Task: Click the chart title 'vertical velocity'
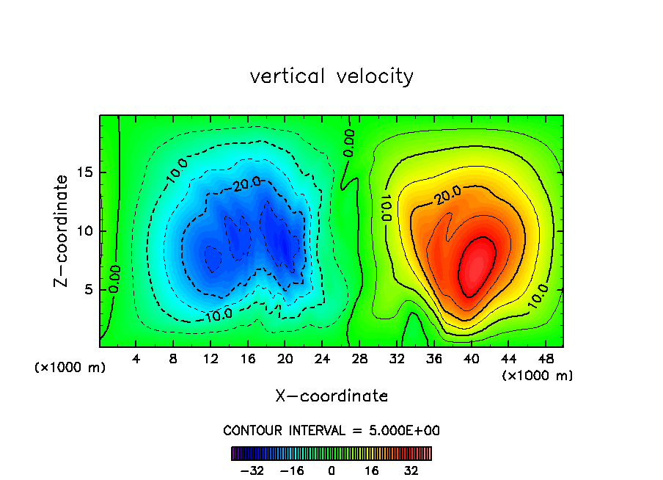click(331, 76)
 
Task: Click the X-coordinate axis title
click(331, 396)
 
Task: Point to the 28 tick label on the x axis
click(359, 359)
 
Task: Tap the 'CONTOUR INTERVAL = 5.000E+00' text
click(331, 430)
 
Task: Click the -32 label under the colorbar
click(252, 471)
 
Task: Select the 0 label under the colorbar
click(331, 471)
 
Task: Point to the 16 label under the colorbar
click(372, 471)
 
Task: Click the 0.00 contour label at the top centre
click(349, 142)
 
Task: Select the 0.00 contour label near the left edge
click(114, 280)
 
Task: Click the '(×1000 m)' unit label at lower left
click(70, 368)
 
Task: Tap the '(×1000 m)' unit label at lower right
click(538, 376)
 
